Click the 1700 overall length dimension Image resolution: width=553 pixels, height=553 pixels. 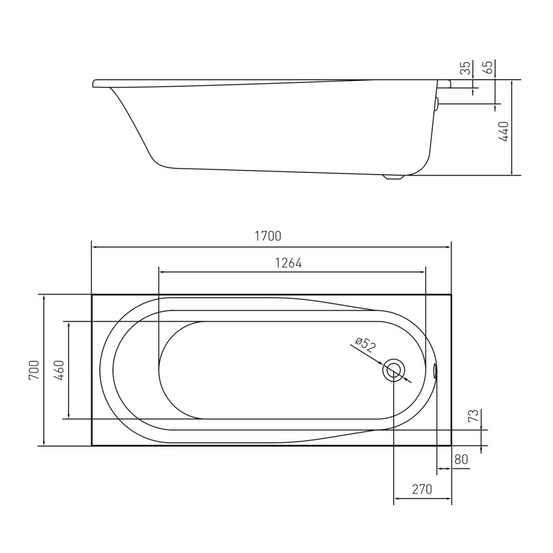[268, 236]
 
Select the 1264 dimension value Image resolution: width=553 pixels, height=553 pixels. [288, 263]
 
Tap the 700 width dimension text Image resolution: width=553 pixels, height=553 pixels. [34, 370]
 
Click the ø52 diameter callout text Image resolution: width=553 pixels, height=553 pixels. [366, 344]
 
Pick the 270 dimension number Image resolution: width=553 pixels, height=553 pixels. [422, 489]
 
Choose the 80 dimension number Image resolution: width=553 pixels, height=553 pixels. [461, 459]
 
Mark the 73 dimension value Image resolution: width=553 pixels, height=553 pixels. [475, 415]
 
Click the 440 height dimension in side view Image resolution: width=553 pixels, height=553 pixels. [504, 131]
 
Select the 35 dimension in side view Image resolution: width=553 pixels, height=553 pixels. [466, 68]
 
